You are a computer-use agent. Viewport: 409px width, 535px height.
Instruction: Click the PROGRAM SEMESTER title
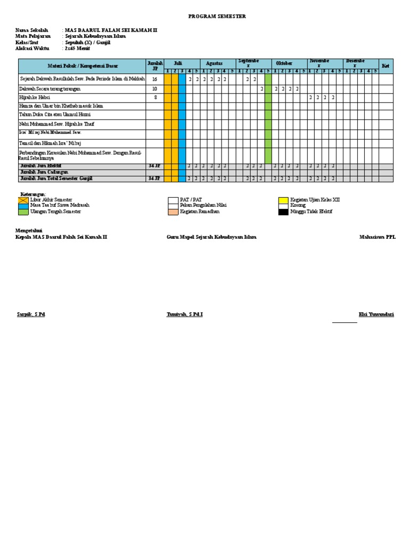217,16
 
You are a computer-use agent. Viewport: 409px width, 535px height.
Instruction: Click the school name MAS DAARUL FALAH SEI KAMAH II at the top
111,30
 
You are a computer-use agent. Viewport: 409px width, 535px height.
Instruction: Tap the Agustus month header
214,63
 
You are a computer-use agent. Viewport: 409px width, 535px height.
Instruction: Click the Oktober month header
284,63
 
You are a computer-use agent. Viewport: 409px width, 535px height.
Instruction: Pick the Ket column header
386,65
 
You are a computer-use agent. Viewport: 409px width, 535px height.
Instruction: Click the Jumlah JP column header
154,65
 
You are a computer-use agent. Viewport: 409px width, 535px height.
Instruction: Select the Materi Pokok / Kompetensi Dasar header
83,66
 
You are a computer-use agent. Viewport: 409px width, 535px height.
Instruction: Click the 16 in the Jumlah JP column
154,79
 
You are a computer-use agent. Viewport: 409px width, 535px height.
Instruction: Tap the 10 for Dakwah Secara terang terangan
154,89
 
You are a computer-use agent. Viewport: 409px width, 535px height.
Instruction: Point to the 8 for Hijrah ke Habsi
154,98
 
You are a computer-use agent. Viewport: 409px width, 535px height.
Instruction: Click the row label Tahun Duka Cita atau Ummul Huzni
51,114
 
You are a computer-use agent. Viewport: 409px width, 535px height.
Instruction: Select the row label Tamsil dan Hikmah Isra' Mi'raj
50,143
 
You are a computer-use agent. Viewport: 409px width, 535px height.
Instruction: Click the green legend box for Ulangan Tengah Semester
23,212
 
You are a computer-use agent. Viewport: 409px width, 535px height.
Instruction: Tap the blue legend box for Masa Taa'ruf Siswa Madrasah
23,205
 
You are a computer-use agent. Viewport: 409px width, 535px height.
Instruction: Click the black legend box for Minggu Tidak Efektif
283,212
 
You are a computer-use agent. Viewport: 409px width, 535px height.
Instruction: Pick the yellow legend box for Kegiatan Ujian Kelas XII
283,200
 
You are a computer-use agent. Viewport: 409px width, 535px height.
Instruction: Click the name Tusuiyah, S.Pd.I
184,315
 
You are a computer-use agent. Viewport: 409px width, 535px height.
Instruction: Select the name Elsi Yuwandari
376,315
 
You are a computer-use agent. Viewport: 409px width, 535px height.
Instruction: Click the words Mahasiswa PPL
377,237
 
